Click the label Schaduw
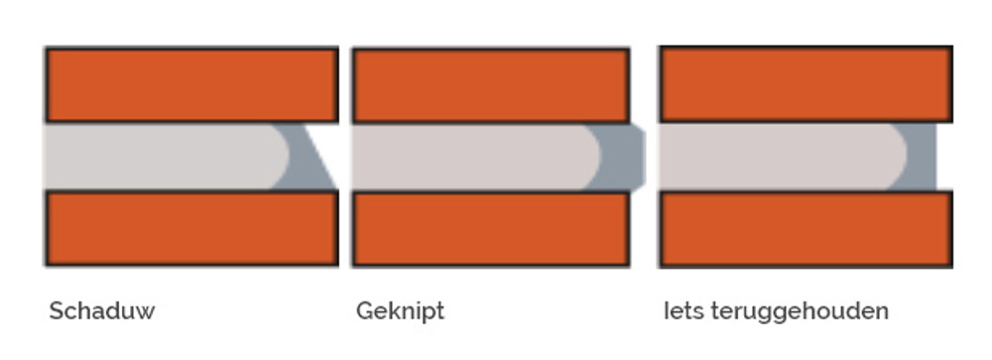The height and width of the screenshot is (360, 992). pyautogui.click(x=102, y=311)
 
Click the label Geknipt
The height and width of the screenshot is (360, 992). pyautogui.click(x=400, y=311)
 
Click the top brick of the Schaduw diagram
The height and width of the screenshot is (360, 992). pyautogui.click(x=191, y=85)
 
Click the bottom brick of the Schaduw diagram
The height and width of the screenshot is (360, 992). pyautogui.click(x=191, y=229)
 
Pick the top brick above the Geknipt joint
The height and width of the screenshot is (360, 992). pyautogui.click(x=490, y=85)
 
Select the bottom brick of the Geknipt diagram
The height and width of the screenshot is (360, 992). pyautogui.click(x=490, y=229)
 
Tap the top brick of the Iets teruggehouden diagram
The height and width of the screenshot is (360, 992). pyautogui.click(x=806, y=85)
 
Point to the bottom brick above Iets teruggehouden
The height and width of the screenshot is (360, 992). pyautogui.click(x=806, y=229)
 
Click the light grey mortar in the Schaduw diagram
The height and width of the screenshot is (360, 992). pyautogui.click(x=159, y=157)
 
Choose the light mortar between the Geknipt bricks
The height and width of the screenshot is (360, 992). pyautogui.click(x=466, y=157)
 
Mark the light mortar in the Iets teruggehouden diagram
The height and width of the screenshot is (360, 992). pyautogui.click(x=774, y=157)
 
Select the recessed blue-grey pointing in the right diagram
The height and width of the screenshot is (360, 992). pyautogui.click(x=923, y=157)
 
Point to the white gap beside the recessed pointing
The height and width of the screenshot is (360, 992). pyautogui.click(x=944, y=157)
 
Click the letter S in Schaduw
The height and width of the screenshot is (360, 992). pyautogui.click(x=56, y=311)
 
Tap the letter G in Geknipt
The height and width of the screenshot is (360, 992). pyautogui.click(x=364, y=311)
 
